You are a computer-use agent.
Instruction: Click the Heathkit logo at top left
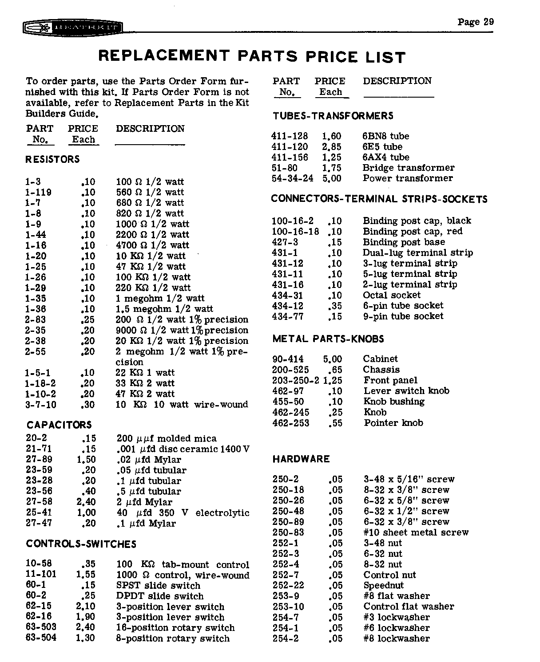point(73,28)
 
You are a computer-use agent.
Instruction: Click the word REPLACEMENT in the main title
point(163,55)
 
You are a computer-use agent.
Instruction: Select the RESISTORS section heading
point(52,159)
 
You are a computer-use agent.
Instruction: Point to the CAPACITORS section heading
point(59,425)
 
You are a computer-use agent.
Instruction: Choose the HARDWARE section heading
point(301,459)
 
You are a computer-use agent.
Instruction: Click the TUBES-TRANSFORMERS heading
point(333,116)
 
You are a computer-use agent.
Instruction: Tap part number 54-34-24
point(292,178)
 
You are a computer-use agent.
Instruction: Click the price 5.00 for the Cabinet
point(332,359)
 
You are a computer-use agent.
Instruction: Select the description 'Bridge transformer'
point(408,168)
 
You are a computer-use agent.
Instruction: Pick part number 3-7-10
point(41,405)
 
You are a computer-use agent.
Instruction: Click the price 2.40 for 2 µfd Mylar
point(86,502)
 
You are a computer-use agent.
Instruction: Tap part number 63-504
point(41,638)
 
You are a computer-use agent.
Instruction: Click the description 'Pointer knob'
point(393,423)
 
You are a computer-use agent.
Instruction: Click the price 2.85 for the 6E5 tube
point(331,147)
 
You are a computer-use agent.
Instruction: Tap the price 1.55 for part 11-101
point(86,575)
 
